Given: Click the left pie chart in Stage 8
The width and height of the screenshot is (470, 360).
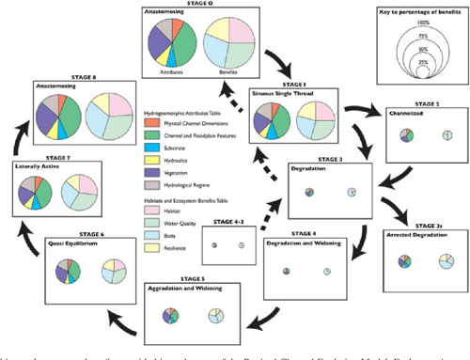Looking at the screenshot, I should point(56,118).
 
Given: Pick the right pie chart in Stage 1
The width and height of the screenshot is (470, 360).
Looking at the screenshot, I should point(316,120).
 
